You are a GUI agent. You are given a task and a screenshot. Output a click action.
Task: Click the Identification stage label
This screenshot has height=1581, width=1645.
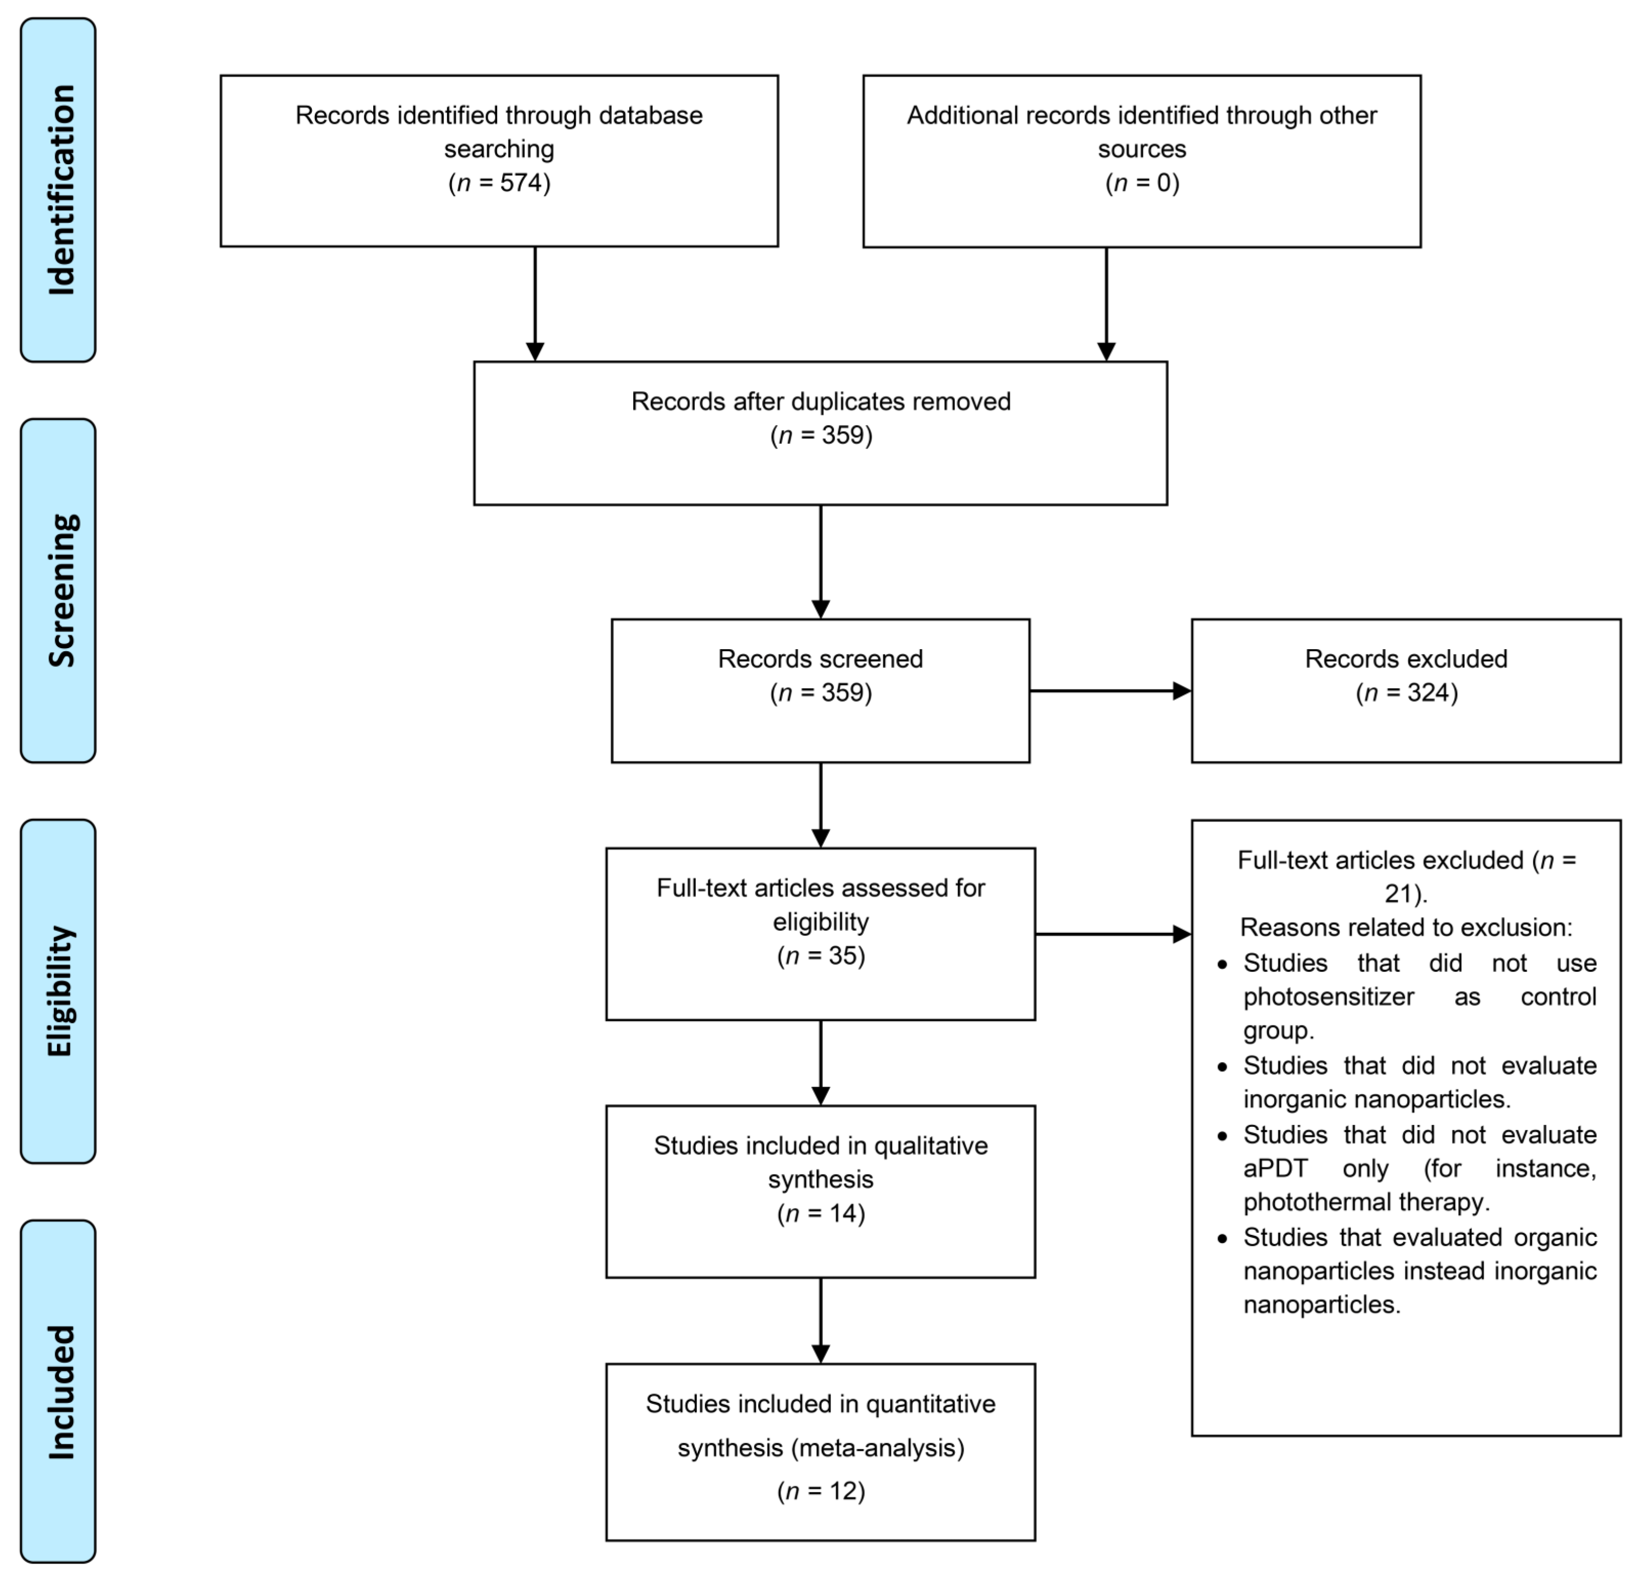tap(59, 190)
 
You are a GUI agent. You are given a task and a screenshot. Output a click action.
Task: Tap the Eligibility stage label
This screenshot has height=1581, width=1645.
tap(59, 991)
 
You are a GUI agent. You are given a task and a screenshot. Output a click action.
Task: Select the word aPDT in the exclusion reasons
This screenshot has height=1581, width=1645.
tap(1275, 1169)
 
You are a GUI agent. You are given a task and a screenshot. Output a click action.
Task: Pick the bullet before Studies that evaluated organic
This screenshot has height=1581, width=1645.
tap(1222, 1238)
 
